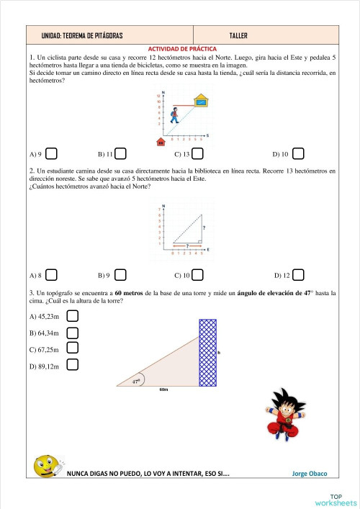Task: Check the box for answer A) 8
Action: (x=52, y=275)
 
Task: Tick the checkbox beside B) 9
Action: (x=121, y=275)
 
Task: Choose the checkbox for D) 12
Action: (x=298, y=275)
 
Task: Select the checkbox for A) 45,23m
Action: (x=72, y=315)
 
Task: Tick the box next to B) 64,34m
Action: (x=72, y=332)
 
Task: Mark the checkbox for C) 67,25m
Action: (x=72, y=348)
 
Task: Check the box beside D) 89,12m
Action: (x=72, y=364)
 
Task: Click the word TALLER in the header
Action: (x=238, y=35)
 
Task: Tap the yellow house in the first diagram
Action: (x=202, y=102)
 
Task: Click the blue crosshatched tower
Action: (x=207, y=353)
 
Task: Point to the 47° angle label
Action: (x=135, y=382)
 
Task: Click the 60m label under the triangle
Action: (x=163, y=389)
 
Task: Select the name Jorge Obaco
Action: (x=310, y=474)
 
